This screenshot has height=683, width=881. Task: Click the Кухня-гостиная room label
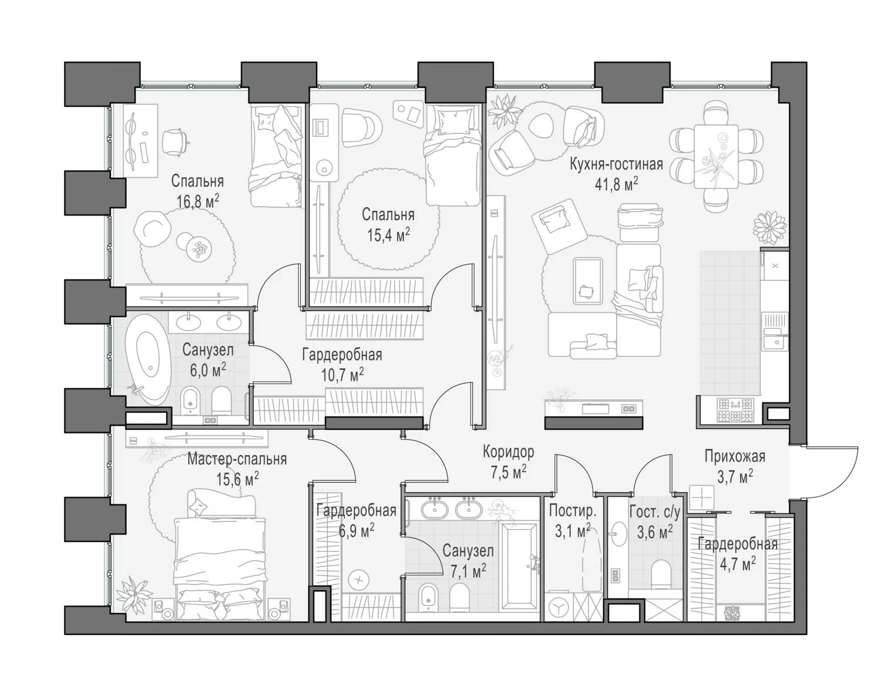(x=616, y=164)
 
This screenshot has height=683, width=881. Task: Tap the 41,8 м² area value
(x=616, y=184)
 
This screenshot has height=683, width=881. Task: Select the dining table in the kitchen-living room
(x=716, y=156)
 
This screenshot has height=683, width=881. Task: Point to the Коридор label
(x=508, y=452)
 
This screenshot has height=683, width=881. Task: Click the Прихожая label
(x=735, y=456)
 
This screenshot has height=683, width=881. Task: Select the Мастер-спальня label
(x=237, y=459)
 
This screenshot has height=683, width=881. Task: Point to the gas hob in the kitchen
(x=735, y=410)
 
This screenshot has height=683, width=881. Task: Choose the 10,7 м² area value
(x=342, y=375)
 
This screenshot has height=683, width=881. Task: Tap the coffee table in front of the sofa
(x=587, y=281)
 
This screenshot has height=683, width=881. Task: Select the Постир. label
(x=573, y=511)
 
